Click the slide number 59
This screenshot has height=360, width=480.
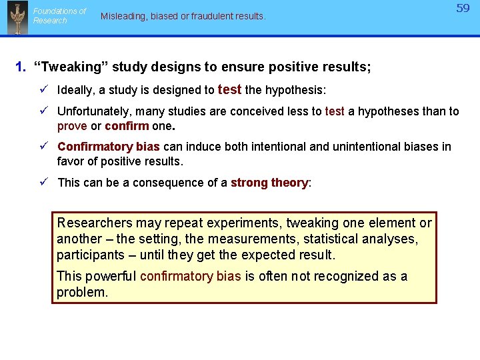click(x=463, y=9)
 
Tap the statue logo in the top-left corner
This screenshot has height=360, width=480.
click(x=17, y=17)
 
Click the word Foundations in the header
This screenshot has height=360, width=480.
click(x=60, y=11)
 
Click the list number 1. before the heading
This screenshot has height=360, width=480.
click(x=21, y=67)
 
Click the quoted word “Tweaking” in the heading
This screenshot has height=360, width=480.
click(x=71, y=67)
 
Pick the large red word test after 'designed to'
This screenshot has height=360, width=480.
click(x=229, y=89)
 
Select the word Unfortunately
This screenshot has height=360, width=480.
click(x=93, y=111)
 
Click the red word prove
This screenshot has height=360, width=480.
click(x=72, y=126)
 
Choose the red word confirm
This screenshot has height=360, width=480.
click(x=127, y=126)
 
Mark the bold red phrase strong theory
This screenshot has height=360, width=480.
click(x=269, y=183)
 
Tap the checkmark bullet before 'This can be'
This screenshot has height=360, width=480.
click(x=43, y=183)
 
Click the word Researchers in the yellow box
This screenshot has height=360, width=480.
click(x=94, y=223)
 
